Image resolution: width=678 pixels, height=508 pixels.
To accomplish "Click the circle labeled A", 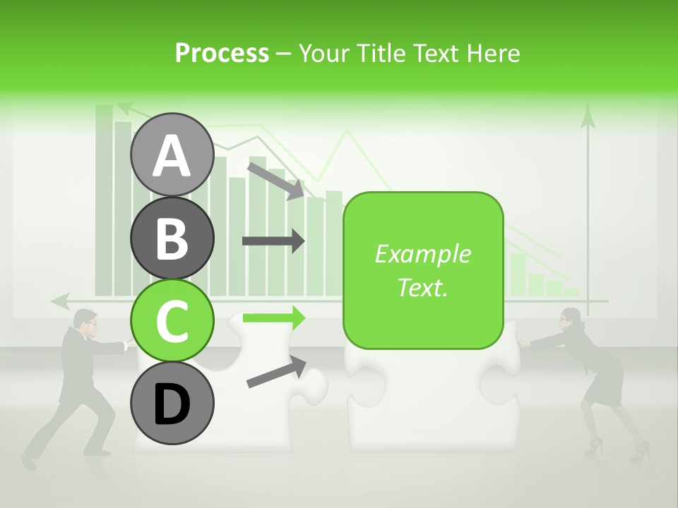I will [172, 155].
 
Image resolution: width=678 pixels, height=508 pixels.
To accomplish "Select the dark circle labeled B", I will [172, 238].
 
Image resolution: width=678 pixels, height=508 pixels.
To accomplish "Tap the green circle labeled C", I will [172, 320].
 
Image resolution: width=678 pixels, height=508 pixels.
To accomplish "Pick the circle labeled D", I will [172, 404].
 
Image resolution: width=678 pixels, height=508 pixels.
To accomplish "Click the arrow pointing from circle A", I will [275, 180].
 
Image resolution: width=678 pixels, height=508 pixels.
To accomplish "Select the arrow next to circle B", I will [273, 241].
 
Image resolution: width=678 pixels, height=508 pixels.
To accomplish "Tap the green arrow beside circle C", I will [273, 318].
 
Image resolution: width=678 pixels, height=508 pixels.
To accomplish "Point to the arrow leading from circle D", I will [276, 373].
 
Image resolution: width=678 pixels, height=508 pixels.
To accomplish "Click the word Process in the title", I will [222, 53].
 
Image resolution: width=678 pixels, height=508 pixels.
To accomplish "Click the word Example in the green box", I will [422, 254].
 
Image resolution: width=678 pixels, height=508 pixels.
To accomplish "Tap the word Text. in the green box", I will [422, 287].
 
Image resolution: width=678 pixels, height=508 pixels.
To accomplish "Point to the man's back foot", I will [28, 461].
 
